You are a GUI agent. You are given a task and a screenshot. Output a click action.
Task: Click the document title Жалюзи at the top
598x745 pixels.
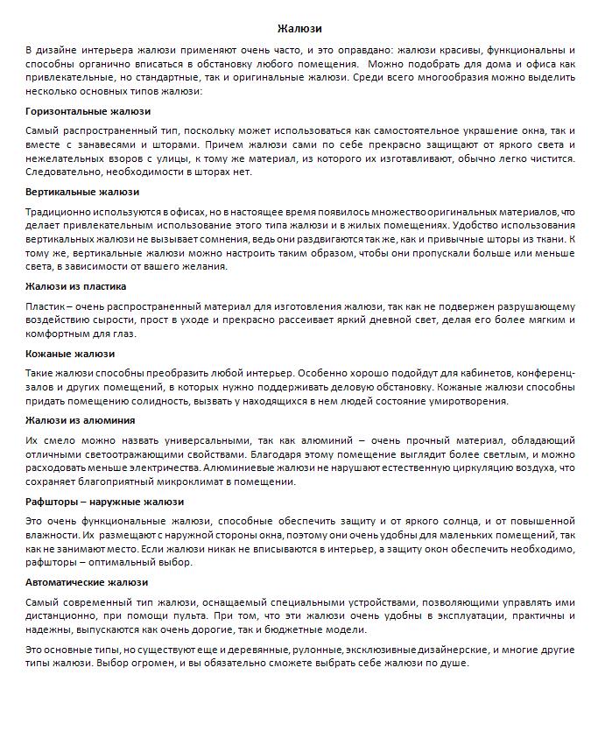tap(299, 29)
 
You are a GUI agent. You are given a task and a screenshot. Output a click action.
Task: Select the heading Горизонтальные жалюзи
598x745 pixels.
tap(88, 111)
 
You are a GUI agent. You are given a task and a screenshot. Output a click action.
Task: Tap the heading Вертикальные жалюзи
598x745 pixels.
tap(82, 192)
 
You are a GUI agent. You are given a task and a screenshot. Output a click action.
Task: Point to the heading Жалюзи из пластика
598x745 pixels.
tap(76, 286)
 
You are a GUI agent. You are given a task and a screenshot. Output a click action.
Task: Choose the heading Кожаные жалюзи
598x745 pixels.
tap(70, 354)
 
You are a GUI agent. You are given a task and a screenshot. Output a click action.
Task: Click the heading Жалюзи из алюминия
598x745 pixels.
tap(80, 420)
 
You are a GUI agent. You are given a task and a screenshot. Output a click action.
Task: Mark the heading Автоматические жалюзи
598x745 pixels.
tap(87, 582)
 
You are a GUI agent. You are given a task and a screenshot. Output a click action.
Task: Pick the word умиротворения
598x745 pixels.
tap(468, 401)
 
